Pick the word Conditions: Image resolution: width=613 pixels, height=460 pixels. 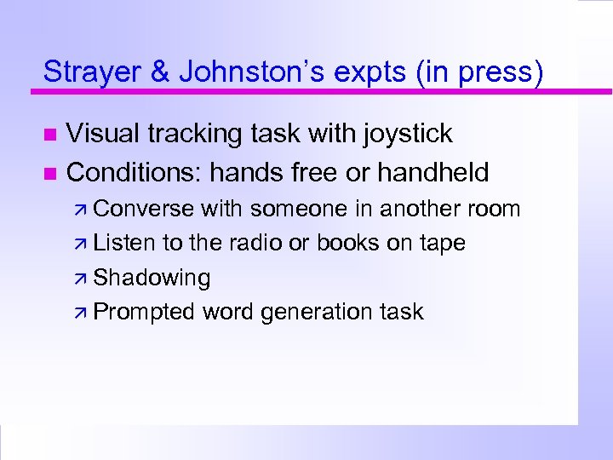tap(135, 173)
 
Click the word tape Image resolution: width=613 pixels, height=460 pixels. tap(443, 244)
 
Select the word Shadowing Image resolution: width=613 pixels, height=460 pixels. tap(152, 278)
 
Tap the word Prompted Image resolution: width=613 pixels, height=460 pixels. tap(144, 312)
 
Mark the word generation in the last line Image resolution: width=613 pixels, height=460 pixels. tap(314, 313)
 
